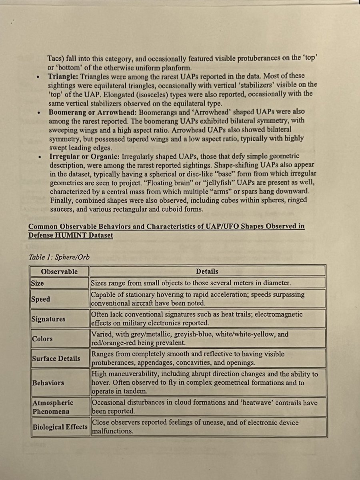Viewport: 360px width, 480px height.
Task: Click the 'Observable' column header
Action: tap(59, 272)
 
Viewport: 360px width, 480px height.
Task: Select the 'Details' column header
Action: tap(207, 272)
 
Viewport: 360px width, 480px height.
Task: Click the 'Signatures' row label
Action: tap(48, 319)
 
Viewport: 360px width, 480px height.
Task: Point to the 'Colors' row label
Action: tap(42, 339)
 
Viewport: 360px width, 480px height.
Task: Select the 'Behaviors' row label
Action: tap(48, 383)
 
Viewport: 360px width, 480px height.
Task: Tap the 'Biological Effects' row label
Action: tap(59, 427)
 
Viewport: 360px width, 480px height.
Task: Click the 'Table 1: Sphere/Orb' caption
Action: tap(59, 257)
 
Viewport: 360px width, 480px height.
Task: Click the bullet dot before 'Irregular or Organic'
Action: tap(38, 157)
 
